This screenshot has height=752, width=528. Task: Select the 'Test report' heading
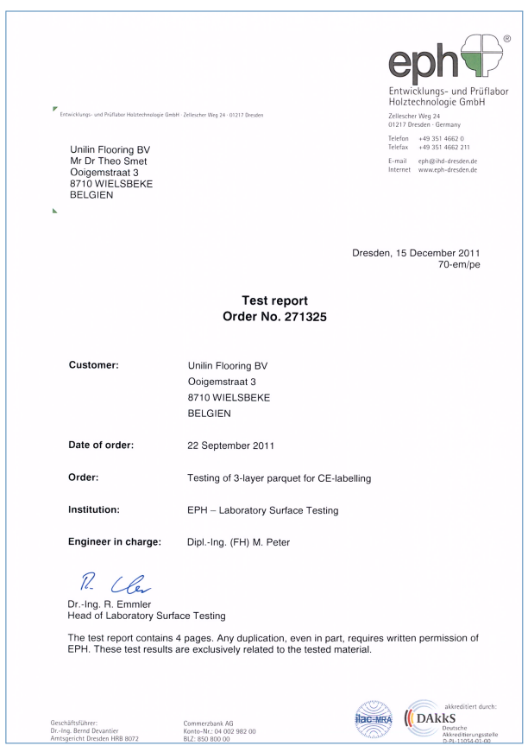tap(264, 300)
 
